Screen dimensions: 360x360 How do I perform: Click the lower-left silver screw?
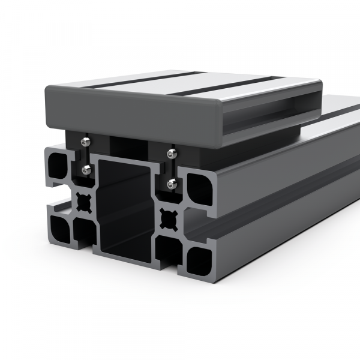(88, 170)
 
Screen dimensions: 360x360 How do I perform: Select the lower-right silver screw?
(172, 183)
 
